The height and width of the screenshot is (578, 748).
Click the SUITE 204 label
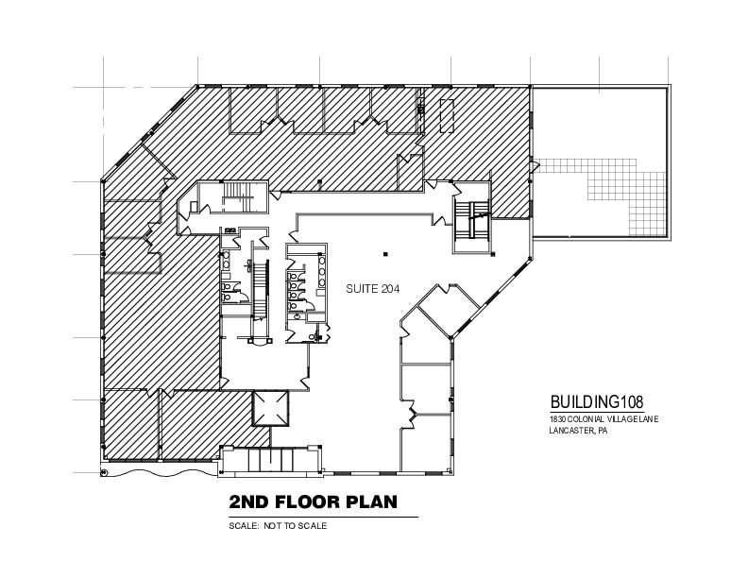tap(372, 288)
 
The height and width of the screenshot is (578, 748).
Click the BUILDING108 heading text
tap(597, 401)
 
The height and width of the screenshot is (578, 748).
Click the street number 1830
tap(557, 419)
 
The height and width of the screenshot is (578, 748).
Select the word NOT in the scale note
tap(273, 526)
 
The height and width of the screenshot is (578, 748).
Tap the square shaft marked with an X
tap(270, 408)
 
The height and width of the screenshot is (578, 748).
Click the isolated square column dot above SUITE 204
tap(385, 254)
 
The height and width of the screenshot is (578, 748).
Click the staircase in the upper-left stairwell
tap(237, 196)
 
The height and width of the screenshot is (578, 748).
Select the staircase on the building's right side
tap(471, 221)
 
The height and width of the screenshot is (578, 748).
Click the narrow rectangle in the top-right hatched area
tap(447, 115)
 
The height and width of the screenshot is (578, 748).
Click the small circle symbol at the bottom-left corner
tap(104, 472)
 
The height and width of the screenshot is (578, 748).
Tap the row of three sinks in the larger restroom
tap(322, 272)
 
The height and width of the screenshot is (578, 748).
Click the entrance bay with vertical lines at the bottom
tap(270, 460)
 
